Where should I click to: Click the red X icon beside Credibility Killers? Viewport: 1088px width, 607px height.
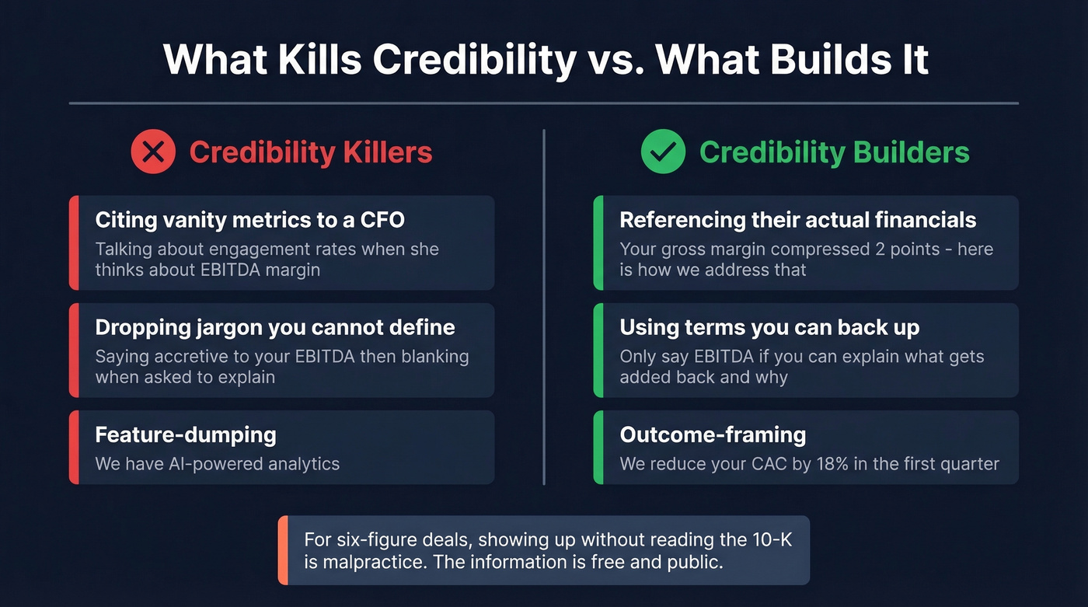tap(153, 151)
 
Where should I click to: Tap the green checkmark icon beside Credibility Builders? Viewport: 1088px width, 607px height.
tap(663, 151)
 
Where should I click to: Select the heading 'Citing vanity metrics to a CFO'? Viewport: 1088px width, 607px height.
tap(249, 220)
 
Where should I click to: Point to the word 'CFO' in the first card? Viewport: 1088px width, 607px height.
tap(382, 220)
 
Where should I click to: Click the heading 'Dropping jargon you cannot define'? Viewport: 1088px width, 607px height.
tap(275, 327)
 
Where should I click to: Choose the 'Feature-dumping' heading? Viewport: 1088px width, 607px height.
tap(186, 434)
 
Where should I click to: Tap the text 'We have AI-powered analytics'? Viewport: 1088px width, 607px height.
tap(218, 464)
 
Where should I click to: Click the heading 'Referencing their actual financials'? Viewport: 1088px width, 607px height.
tap(797, 220)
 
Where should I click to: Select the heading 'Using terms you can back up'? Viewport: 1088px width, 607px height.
tap(769, 327)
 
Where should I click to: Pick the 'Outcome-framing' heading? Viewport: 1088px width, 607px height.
tap(713, 434)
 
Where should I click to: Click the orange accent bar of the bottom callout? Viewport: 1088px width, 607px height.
tap(283, 550)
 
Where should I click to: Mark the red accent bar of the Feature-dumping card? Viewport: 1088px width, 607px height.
tap(74, 448)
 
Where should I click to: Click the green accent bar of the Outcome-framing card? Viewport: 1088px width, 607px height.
tap(598, 448)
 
